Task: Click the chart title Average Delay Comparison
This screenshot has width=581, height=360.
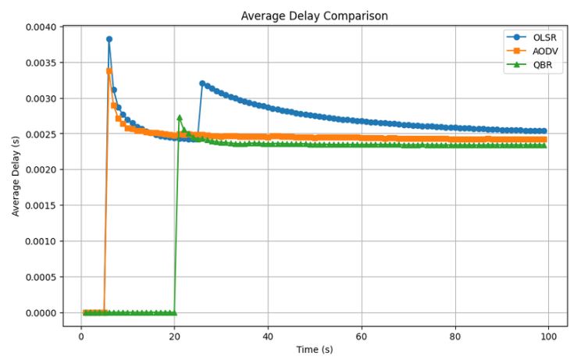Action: click(314, 16)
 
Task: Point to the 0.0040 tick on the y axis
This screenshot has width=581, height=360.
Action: click(41, 27)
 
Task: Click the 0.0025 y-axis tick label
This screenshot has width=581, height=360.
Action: click(41, 134)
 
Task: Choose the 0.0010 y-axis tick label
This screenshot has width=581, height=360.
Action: click(41, 241)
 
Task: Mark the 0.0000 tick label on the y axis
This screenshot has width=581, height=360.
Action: click(41, 313)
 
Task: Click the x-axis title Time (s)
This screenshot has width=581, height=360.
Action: click(314, 348)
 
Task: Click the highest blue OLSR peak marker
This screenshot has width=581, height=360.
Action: click(109, 39)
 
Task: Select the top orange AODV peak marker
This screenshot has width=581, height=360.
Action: click(109, 71)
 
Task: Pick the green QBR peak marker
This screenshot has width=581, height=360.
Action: click(180, 118)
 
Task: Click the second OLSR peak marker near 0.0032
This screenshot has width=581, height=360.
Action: click(202, 83)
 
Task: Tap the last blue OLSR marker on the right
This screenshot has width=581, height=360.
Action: click(544, 131)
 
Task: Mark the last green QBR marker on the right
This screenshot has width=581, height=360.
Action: click(544, 145)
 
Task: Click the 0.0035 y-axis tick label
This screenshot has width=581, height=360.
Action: click(41, 63)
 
